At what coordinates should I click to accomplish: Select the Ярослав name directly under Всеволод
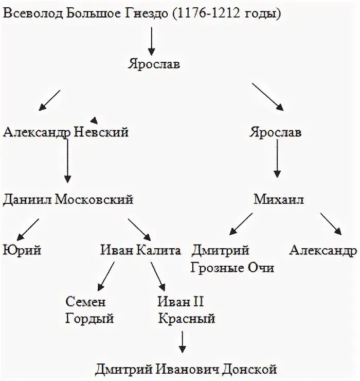(153, 65)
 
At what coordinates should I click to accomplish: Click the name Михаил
(278, 200)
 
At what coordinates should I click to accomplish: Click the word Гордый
(89, 319)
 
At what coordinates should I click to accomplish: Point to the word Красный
(187, 319)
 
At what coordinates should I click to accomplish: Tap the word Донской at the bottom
(248, 369)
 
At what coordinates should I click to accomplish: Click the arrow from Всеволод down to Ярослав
(151, 42)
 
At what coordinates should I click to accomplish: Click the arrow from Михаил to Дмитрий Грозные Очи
(240, 224)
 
